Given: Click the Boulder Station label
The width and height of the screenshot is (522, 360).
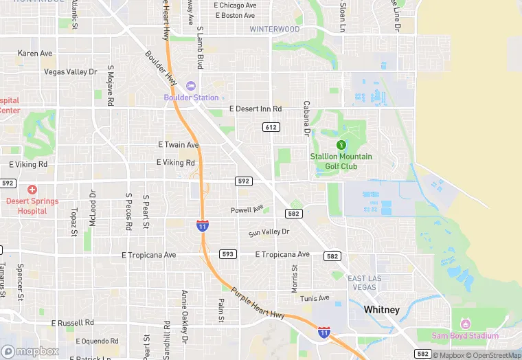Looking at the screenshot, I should [191, 98].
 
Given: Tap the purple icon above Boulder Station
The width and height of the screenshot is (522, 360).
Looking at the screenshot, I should [191, 86].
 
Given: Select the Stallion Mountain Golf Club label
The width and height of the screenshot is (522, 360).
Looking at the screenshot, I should [341, 161].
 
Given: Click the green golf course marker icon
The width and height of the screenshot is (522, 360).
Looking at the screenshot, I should [341, 144].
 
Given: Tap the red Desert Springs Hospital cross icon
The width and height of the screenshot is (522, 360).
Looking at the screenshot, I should [32, 189].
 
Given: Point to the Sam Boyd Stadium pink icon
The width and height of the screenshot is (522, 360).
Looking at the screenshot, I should [465, 324].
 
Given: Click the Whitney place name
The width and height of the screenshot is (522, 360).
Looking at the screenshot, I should [381, 310].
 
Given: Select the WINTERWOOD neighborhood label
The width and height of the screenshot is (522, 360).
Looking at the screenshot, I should [274, 30].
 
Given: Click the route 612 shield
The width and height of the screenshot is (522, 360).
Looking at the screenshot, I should [271, 127].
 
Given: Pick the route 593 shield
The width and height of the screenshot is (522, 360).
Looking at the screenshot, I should [228, 254].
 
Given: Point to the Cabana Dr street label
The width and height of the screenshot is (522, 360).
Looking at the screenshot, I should [307, 118].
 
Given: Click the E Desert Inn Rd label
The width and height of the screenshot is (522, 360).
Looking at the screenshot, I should [256, 109].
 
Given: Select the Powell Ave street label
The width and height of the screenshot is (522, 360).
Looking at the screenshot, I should [247, 210].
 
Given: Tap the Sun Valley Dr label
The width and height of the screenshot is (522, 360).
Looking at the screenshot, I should [269, 232].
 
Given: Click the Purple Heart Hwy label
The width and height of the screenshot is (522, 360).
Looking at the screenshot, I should [258, 302].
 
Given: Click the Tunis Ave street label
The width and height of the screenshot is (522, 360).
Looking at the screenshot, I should [315, 298].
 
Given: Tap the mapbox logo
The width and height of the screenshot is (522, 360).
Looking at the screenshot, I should [30, 351].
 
